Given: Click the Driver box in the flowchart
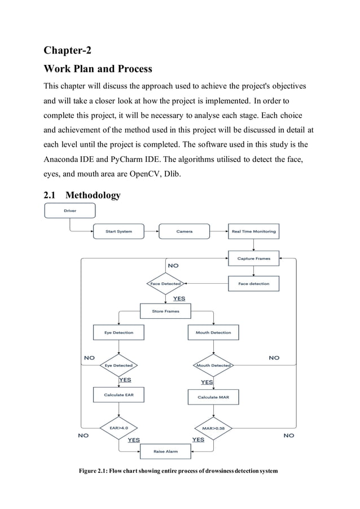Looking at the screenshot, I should coord(70,210).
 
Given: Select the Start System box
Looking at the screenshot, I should coord(118,231).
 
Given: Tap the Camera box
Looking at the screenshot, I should coord(184,231).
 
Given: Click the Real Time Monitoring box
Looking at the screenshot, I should coord(253,231).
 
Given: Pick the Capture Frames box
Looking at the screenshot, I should coord(253,258).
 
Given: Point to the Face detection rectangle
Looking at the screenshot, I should coord(253,284).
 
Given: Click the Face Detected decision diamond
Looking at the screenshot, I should coord(165,284).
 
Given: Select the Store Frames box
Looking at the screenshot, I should coord(165,311).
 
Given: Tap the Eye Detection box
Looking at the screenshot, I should coord(118,333).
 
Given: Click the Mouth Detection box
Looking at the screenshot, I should coord(213,333).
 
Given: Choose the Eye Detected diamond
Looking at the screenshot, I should coord(118,365).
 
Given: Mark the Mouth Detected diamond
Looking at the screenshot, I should coord(213,365).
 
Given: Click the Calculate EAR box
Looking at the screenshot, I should coord(118,394).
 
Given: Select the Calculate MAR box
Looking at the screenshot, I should coord(213,397).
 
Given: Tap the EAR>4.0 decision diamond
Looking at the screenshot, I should coord(118,428).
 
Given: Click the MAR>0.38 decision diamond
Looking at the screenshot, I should coord(213,428).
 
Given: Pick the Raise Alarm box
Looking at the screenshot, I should coord(165,451).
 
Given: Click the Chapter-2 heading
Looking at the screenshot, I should coord(67,50).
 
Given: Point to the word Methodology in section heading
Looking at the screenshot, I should coord(93,195).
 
